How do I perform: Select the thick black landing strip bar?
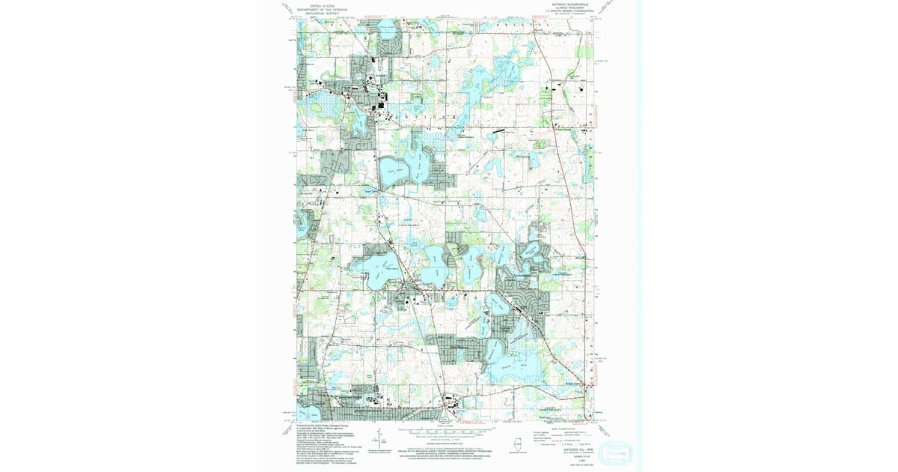click(x=498, y=130)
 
